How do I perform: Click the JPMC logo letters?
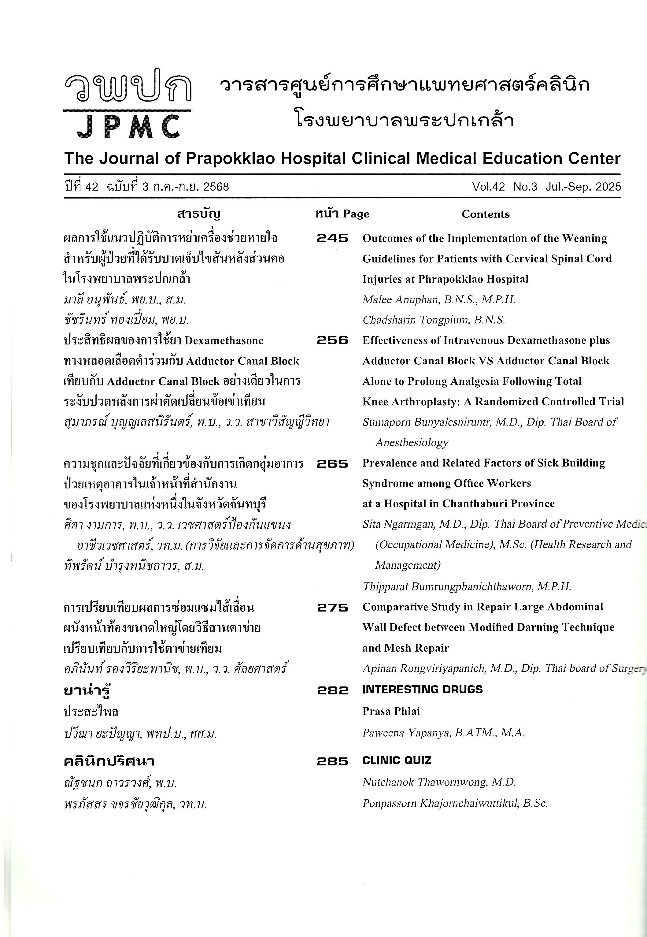click(128, 127)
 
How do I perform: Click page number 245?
click(332, 238)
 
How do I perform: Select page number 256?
click(332, 340)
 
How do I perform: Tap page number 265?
click(332, 463)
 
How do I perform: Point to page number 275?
click(332, 607)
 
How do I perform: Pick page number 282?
click(332, 690)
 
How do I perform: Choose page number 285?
click(332, 761)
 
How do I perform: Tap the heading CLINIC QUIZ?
click(397, 760)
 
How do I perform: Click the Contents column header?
click(485, 214)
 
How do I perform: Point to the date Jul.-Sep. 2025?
click(583, 187)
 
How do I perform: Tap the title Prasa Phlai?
click(391, 711)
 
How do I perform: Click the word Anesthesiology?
click(412, 442)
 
